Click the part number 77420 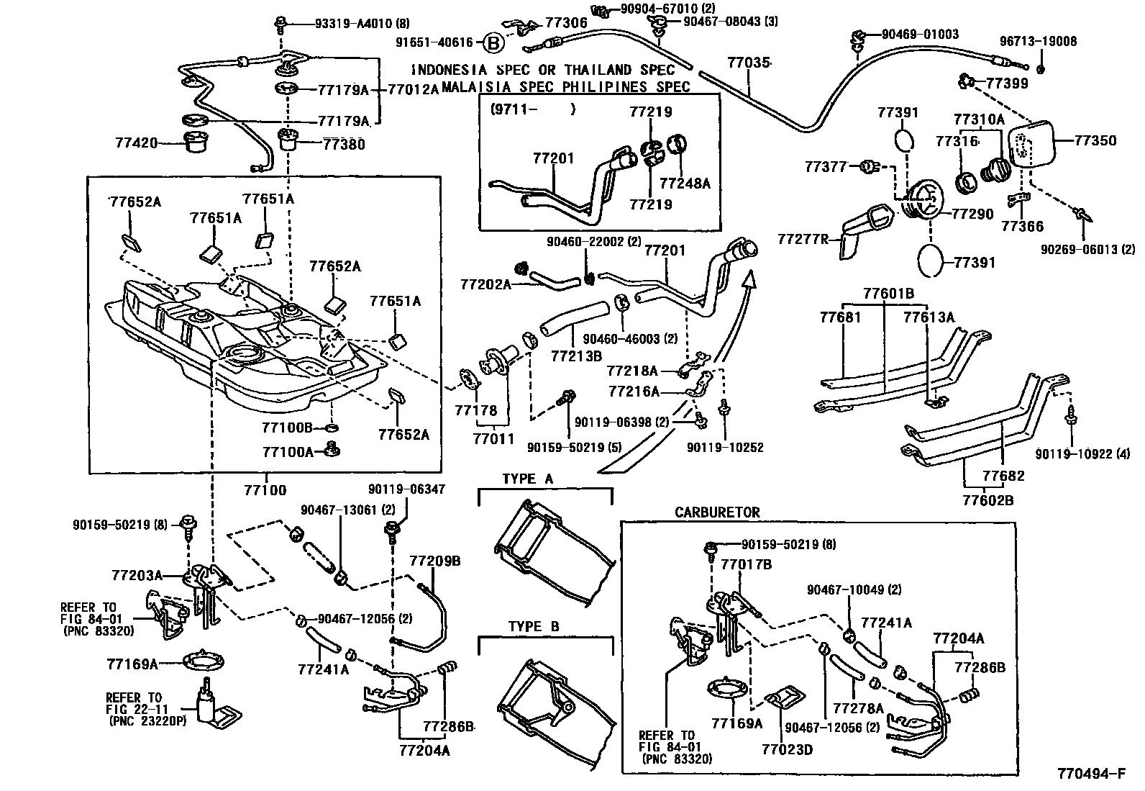coord(136,143)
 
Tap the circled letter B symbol coord(493,43)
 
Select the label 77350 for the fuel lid coord(1095,140)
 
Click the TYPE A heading coord(527,479)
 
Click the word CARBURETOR coord(717,512)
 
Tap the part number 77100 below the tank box coord(265,491)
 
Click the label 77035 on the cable coord(748,64)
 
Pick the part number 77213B coord(577,356)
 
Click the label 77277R coord(803,238)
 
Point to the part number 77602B coord(988,499)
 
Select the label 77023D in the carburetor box coord(787,750)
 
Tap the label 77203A coord(137,575)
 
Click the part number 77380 coord(343,144)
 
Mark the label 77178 coord(475,410)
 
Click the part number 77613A coord(929,317)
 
